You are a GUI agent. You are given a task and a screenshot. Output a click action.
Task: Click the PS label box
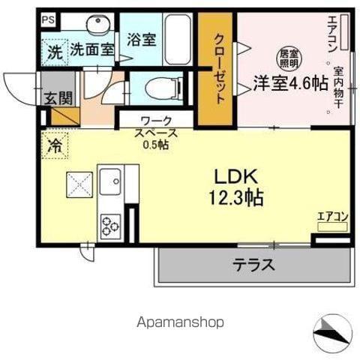click(x=49, y=19)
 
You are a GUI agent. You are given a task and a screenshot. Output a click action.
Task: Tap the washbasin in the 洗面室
click(x=98, y=25)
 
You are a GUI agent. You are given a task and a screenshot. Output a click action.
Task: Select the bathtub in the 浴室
click(x=178, y=40)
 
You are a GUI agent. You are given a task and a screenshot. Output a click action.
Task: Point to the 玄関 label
click(x=58, y=98)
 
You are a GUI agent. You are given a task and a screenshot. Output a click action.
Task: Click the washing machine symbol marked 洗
click(x=55, y=52)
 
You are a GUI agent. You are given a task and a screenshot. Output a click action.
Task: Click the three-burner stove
click(x=110, y=227)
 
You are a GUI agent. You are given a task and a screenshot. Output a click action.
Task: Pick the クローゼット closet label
click(x=219, y=69)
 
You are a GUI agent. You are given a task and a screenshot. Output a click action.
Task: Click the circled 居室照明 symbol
click(x=289, y=58)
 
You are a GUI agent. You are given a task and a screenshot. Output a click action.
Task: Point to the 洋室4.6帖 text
click(x=291, y=83)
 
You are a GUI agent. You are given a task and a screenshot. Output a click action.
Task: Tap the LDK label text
click(x=236, y=177)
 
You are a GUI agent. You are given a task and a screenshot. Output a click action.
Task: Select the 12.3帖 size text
click(x=236, y=197)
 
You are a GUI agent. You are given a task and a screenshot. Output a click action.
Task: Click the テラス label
click(x=254, y=265)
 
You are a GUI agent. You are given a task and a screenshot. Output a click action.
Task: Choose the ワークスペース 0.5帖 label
click(x=156, y=133)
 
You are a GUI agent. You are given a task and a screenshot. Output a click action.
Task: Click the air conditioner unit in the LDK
click(x=332, y=226)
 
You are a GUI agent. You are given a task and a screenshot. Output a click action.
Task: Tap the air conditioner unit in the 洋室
click(x=344, y=32)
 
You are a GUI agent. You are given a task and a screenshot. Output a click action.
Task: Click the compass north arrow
click(x=331, y=331)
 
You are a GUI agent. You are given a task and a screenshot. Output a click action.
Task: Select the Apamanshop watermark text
click(x=180, y=322)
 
